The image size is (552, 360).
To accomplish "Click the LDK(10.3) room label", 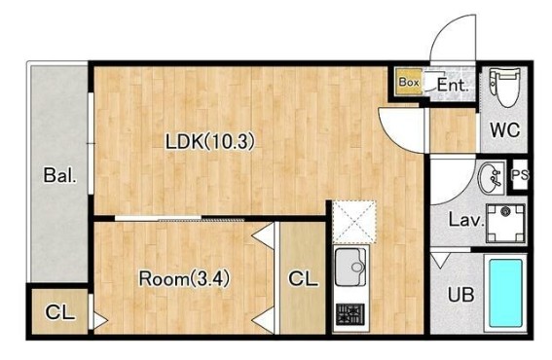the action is [210, 142].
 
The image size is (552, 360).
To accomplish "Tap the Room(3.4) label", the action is [184, 278].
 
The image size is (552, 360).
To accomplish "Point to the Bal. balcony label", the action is [59, 175].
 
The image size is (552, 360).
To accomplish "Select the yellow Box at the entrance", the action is [409, 82].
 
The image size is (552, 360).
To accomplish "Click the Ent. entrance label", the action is [453, 85].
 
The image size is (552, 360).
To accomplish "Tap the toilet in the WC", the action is [505, 88].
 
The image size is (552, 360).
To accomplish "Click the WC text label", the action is [505, 129].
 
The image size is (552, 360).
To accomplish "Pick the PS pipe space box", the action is [520, 175].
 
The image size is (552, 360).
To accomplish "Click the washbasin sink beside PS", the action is [490, 177].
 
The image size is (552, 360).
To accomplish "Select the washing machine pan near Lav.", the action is [505, 223].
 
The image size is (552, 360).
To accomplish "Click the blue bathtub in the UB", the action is [506, 293].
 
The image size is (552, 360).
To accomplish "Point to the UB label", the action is [460, 294].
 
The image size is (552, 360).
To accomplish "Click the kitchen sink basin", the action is [350, 268].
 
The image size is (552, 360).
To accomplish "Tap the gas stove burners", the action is [350, 314].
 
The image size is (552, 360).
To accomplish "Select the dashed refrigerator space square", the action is [354, 222].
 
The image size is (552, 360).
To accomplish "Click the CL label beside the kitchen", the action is [303, 278].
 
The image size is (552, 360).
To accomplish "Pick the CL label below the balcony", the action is [59, 311].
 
